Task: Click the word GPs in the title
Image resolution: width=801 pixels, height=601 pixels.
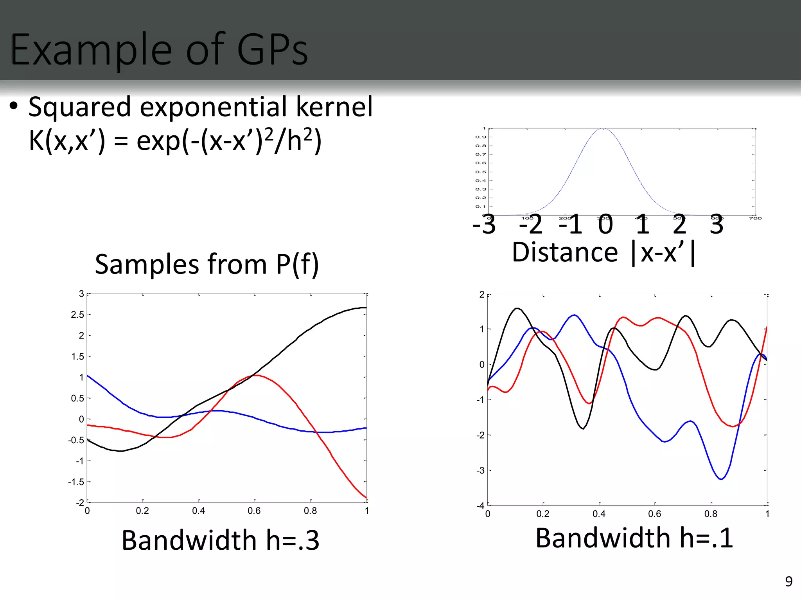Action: click(273, 50)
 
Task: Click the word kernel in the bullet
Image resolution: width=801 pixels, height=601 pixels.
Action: click(334, 107)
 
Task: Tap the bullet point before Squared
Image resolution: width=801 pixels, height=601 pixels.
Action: click(14, 106)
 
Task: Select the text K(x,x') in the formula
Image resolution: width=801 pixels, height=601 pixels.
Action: click(67, 141)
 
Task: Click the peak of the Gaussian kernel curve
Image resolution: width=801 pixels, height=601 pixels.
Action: click(603, 129)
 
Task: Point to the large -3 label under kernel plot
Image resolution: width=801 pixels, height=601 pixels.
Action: click(484, 225)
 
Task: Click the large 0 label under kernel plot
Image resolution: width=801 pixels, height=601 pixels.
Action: click(605, 225)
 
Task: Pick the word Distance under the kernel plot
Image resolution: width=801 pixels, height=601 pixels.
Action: click(565, 252)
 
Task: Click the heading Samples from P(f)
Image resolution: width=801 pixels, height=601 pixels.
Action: click(207, 265)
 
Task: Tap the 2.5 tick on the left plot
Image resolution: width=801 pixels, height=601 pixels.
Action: click(77, 315)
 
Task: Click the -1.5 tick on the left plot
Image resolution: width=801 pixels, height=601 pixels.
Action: click(76, 482)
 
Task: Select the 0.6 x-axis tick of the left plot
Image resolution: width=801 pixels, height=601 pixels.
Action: click(254, 511)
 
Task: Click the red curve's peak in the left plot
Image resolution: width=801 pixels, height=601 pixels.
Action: click(255, 375)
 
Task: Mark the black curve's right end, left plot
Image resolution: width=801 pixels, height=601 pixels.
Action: click(365, 308)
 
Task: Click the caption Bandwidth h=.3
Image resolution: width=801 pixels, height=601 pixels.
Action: click(220, 540)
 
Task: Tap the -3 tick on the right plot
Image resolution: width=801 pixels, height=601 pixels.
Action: click(480, 470)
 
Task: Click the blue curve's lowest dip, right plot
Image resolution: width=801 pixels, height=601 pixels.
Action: click(721, 479)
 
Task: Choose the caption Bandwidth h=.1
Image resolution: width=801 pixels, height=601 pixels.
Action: click(634, 538)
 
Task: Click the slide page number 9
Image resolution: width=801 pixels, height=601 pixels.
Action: click(789, 581)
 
